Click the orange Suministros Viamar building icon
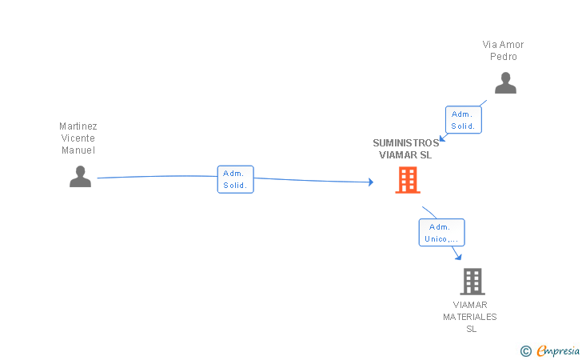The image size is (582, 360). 408,180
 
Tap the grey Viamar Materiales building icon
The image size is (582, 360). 472,281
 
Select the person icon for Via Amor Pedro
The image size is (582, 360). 505,82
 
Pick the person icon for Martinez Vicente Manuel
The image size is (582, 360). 80,176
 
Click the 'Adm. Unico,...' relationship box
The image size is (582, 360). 441,232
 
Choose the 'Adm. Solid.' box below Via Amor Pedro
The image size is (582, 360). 464,120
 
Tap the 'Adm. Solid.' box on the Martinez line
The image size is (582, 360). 235,179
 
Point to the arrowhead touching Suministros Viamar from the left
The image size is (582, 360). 370,182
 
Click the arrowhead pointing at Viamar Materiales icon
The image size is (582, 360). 458,256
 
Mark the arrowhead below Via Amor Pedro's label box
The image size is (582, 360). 442,138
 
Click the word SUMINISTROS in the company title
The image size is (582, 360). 405,144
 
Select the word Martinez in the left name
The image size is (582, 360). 78,126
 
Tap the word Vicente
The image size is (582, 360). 78,138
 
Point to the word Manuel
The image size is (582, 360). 78,150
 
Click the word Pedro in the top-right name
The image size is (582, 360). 504,57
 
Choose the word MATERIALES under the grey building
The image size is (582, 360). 470,317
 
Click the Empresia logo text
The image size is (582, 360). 558,350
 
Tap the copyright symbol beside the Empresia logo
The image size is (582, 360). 525,350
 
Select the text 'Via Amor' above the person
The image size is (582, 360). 503,45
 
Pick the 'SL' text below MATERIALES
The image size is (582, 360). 471,329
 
